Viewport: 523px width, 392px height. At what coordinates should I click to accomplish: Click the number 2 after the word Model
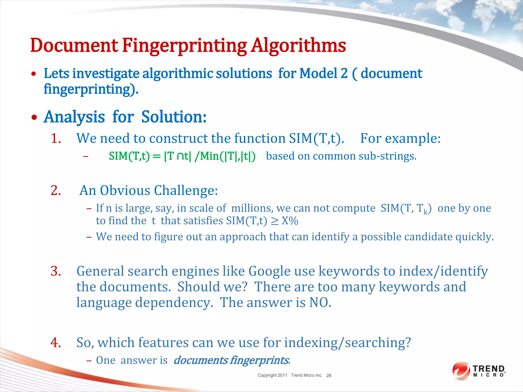344,73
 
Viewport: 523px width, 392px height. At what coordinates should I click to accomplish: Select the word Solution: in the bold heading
174,117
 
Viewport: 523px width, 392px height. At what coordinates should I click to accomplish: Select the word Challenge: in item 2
186,190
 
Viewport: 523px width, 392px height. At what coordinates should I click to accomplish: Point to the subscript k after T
425,212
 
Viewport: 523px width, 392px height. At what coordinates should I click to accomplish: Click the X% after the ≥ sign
290,221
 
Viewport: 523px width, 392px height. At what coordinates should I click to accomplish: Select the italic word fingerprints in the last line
259,360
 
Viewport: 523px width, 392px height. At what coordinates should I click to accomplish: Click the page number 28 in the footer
329,375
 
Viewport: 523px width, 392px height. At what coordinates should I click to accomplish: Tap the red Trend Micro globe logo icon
461,371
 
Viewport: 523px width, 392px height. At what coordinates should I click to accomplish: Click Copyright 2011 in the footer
272,375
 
